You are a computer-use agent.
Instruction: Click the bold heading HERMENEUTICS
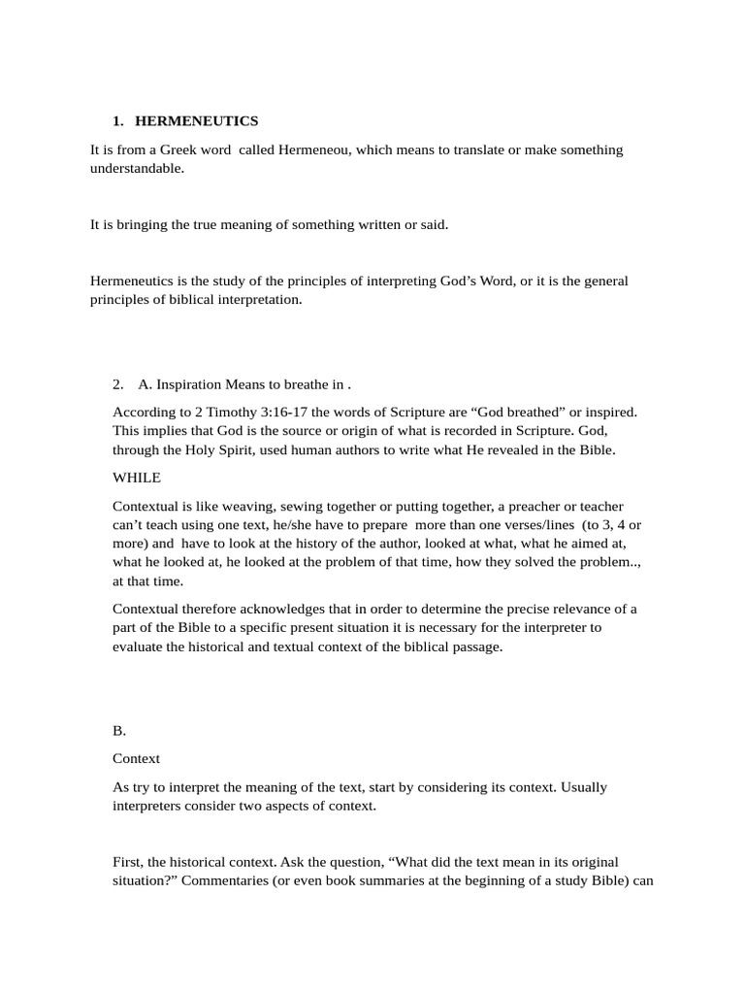[196, 121]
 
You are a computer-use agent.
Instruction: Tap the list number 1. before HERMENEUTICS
[118, 121]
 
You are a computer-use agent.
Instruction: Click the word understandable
[136, 168]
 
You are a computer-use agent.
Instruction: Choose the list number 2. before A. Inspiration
[118, 383]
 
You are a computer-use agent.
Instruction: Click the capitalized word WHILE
[137, 479]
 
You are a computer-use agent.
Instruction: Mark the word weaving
[243, 507]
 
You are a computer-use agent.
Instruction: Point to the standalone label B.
[119, 731]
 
